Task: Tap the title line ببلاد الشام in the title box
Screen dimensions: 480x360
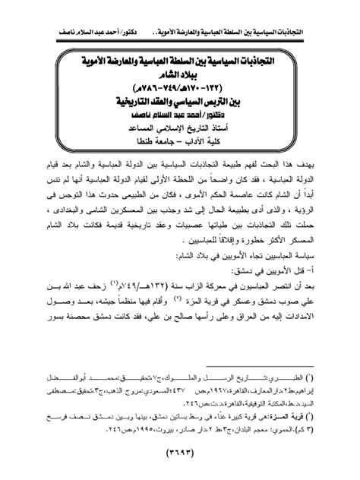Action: (x=181, y=86)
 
